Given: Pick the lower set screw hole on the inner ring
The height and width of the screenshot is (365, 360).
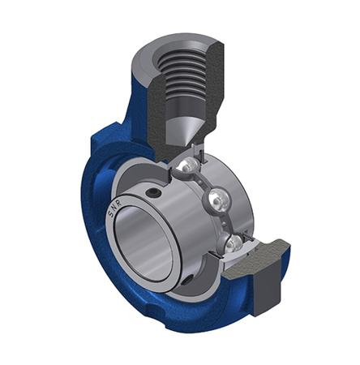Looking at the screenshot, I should point(189,280).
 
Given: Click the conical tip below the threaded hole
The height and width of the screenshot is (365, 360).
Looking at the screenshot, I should point(180,130).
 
